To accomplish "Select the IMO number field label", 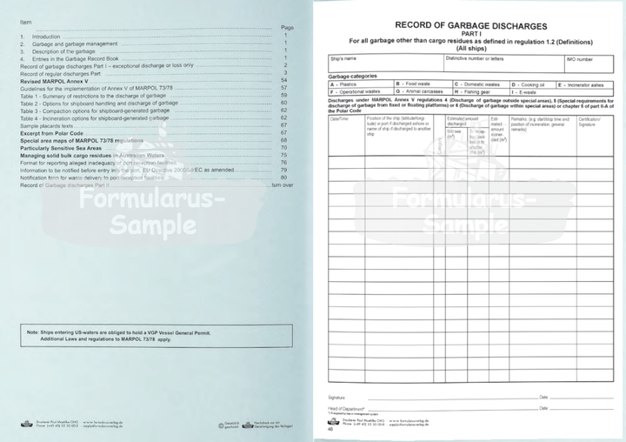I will pos(580,58).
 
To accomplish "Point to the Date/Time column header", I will pos(338,119).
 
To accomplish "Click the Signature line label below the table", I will pos(337,397).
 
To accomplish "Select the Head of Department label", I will pos(347,407).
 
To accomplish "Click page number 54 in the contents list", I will pos(284,80).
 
